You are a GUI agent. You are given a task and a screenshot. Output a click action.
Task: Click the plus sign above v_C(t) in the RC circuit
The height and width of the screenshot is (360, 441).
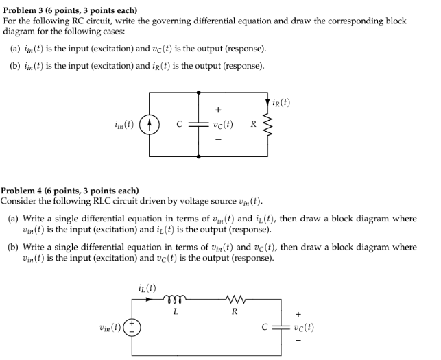(218, 109)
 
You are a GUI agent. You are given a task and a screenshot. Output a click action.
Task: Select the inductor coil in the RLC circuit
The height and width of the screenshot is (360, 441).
(176, 299)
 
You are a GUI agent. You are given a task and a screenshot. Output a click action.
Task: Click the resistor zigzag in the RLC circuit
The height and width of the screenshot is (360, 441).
(235, 299)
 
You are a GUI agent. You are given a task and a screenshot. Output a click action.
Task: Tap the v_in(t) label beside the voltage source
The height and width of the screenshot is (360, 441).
(111, 327)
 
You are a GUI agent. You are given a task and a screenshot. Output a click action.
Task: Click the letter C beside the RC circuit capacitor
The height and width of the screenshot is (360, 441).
(179, 125)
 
